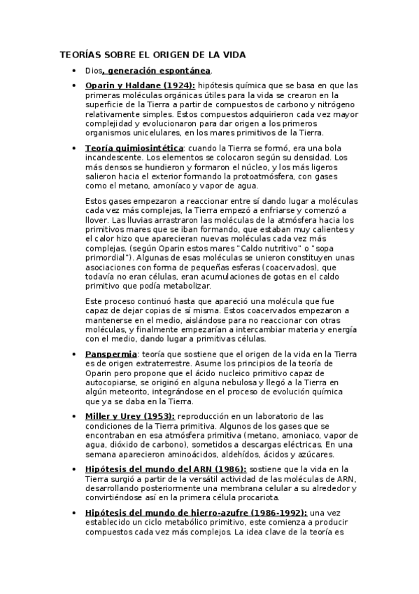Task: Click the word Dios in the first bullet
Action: pos(93,71)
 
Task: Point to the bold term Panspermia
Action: pos(111,354)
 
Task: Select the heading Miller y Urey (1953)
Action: pos(129,416)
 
